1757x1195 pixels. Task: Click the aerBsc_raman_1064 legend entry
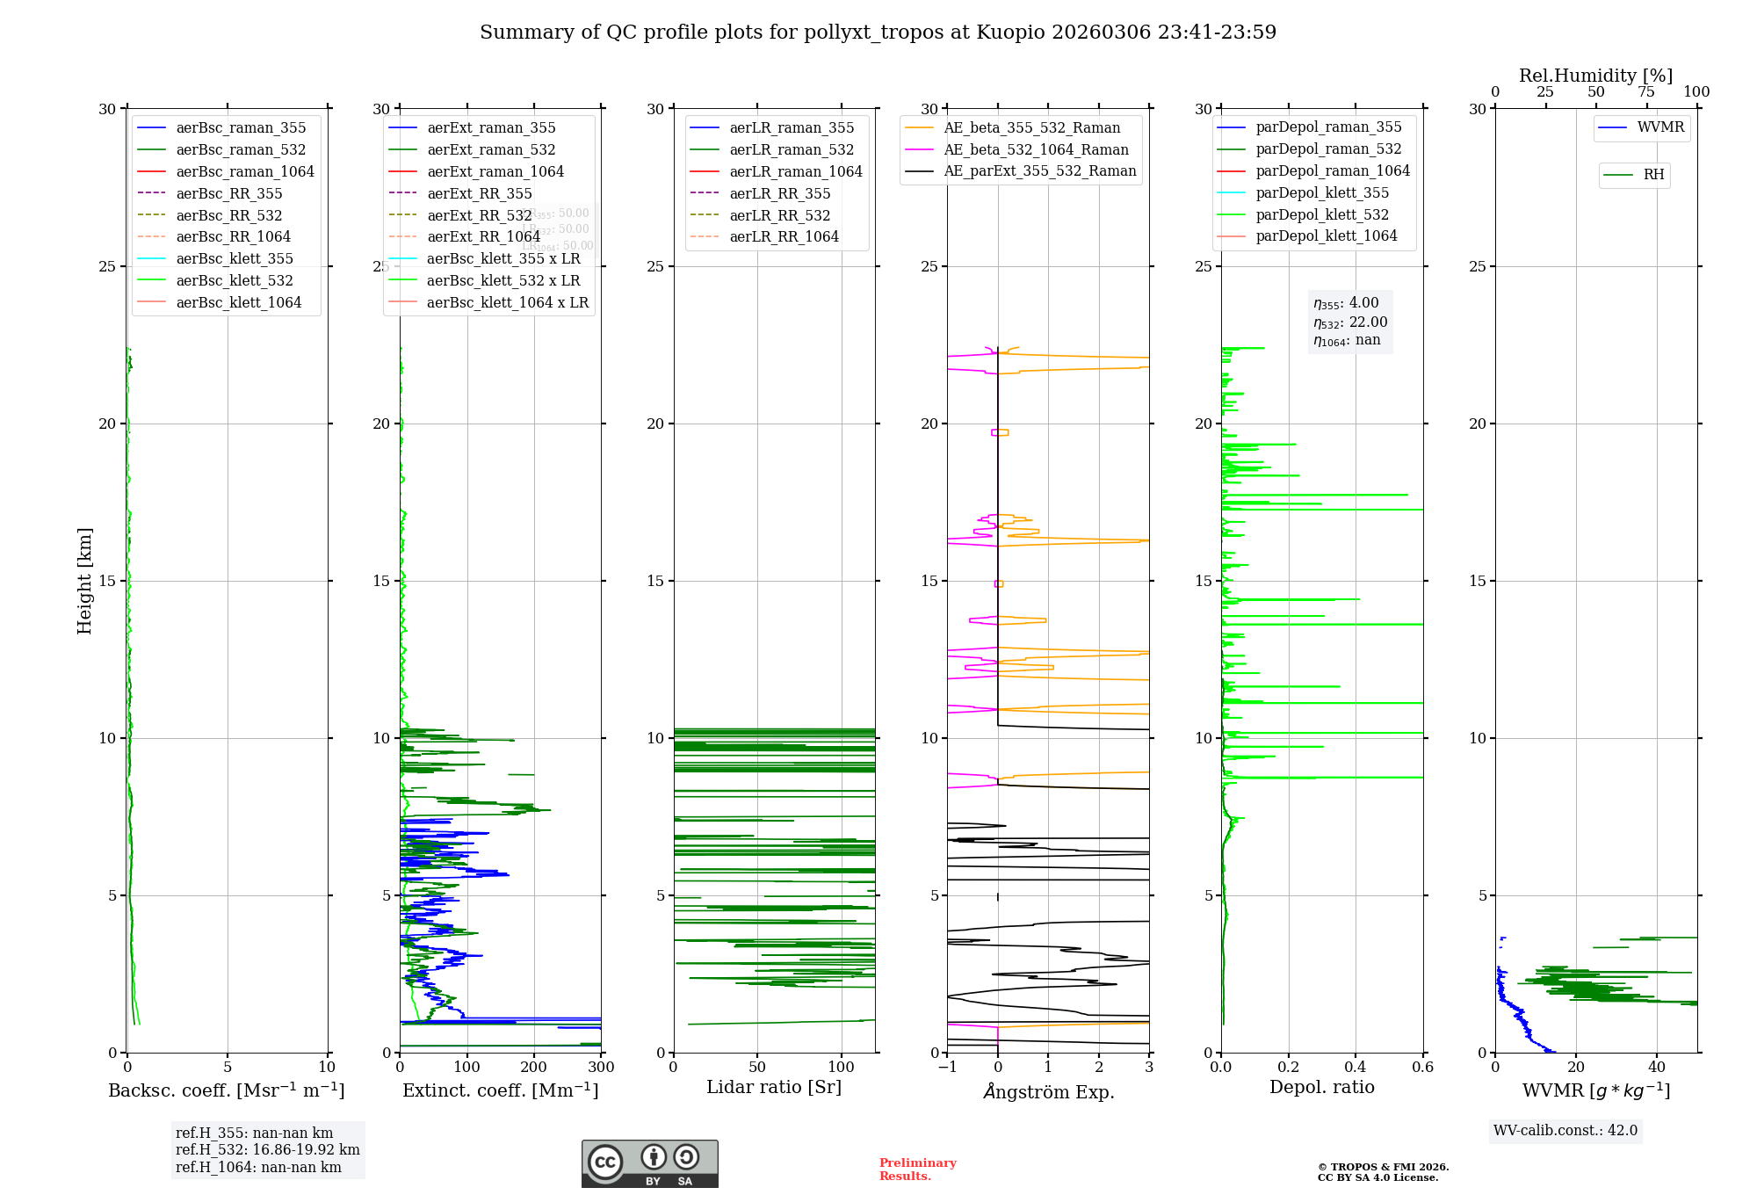tap(244, 171)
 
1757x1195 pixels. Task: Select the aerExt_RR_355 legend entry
tap(479, 193)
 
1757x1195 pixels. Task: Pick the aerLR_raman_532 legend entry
tap(791, 150)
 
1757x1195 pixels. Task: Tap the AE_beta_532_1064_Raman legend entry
tap(1035, 150)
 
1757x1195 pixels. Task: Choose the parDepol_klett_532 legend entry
tap(1321, 214)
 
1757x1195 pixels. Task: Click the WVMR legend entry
tap(1659, 127)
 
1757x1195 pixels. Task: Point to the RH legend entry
tap(1652, 175)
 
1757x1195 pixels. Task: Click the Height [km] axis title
tap(84, 581)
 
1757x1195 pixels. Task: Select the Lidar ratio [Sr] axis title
tap(773, 1088)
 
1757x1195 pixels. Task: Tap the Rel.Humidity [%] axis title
tap(1595, 76)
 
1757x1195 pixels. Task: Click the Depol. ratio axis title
tap(1321, 1088)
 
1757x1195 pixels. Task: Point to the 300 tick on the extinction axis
tap(601, 1068)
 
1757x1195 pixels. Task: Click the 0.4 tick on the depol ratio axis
tap(1356, 1068)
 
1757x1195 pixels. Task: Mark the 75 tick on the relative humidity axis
tap(1645, 92)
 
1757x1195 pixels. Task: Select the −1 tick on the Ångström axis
tap(947, 1068)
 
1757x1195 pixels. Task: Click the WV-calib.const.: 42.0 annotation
tap(1565, 1131)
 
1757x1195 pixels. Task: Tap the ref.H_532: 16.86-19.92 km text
tap(267, 1150)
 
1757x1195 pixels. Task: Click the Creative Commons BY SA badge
tap(649, 1164)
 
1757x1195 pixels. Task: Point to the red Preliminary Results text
tap(917, 1170)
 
